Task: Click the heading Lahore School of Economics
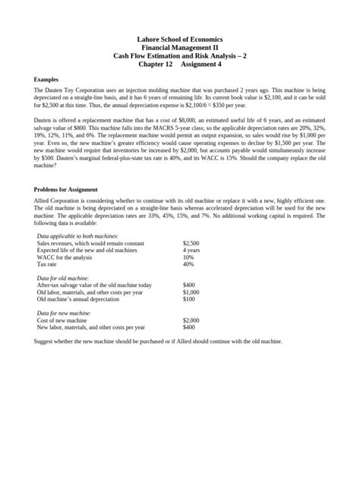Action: click(x=179, y=39)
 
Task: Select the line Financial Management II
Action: click(x=179, y=48)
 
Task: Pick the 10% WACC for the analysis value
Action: click(x=189, y=257)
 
